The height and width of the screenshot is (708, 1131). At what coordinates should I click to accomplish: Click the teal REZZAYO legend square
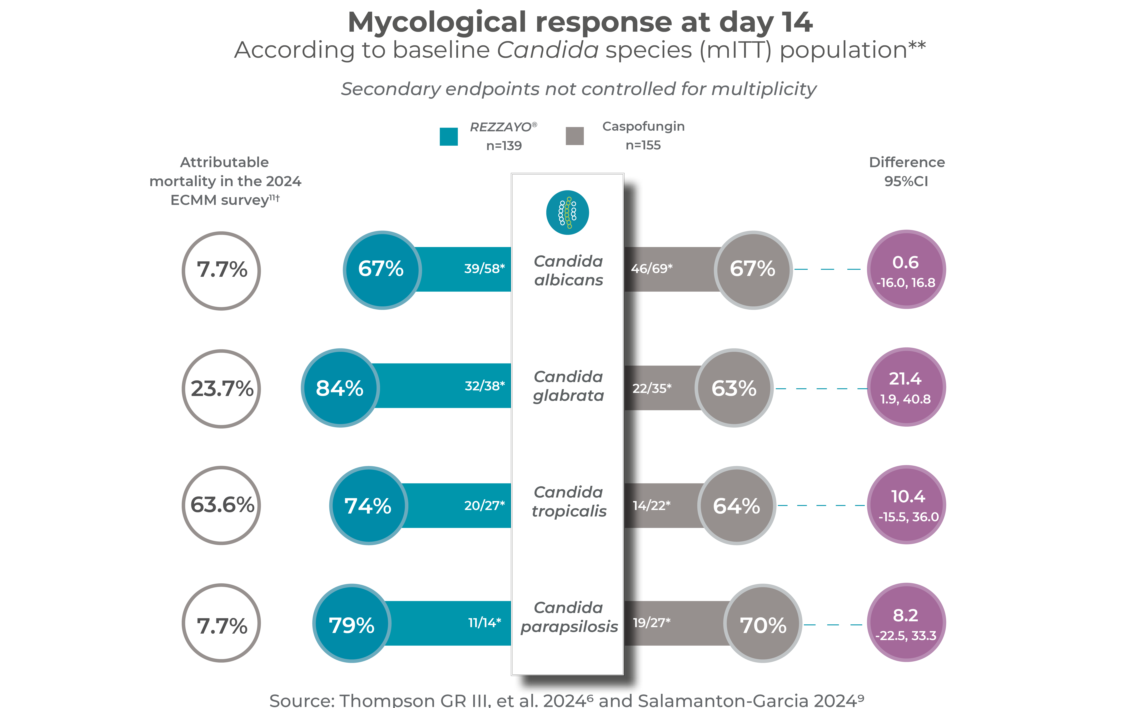(448, 137)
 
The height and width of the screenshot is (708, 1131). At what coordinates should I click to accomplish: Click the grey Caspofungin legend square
(574, 136)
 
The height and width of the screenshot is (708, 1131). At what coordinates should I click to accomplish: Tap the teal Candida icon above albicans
(567, 213)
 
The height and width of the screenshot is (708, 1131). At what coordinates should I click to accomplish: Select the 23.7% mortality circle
(221, 389)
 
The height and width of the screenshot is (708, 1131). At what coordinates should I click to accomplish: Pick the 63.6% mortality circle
(221, 505)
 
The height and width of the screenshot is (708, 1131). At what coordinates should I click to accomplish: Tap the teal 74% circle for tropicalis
(368, 506)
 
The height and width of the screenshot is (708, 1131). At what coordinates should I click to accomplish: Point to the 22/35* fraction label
(652, 388)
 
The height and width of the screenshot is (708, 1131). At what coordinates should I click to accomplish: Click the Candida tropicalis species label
(568, 501)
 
